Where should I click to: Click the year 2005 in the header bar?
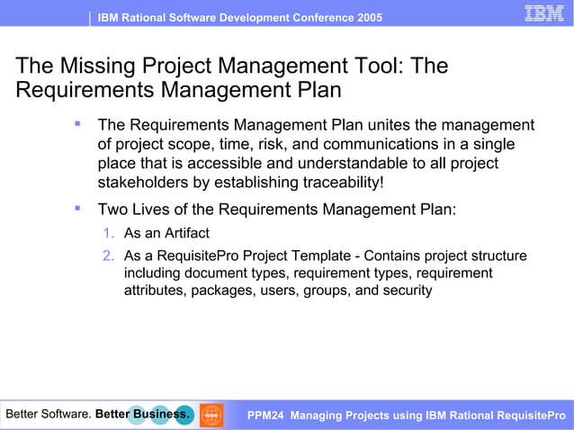(367, 18)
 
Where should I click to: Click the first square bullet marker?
(78, 123)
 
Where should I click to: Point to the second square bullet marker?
(78, 208)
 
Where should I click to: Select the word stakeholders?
(139, 183)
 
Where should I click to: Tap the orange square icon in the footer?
(211, 415)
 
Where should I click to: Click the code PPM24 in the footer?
(265, 416)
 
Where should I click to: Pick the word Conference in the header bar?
(308, 18)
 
